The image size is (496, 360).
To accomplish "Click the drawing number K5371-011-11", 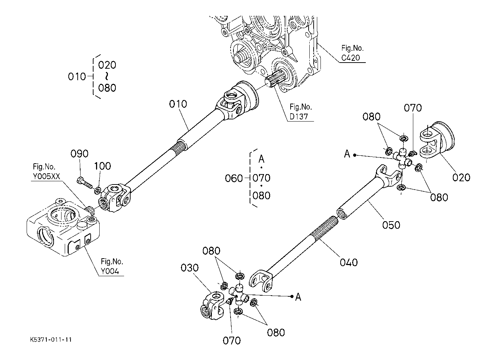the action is pos(51,340).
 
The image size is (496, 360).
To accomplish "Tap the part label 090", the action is pos(79,154).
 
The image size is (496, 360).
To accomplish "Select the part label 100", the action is pos(103,166).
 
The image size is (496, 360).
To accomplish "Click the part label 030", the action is pos(190,268).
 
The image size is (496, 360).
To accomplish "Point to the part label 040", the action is pos(349,263).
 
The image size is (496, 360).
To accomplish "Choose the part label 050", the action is pos(391,225).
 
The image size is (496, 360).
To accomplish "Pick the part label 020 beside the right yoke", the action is pos(461,177).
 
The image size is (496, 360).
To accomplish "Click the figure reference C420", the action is pos(351,58).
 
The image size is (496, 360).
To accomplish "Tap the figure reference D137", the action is pos(299,117).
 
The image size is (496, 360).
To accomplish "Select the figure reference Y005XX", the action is pos(46,176).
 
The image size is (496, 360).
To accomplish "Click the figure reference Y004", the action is pos(110,271).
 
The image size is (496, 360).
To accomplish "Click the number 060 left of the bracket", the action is pos(234,178).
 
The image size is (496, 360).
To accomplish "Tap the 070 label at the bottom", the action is pos(232,341).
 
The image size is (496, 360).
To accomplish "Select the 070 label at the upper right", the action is pos(413,108).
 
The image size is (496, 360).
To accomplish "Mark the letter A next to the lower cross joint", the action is pos(298,297).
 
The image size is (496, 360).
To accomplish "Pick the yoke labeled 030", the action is pos(212,306).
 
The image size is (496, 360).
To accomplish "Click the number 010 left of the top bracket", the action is pos(77,77).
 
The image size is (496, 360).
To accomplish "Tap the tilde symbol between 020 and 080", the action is pos(107,76).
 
